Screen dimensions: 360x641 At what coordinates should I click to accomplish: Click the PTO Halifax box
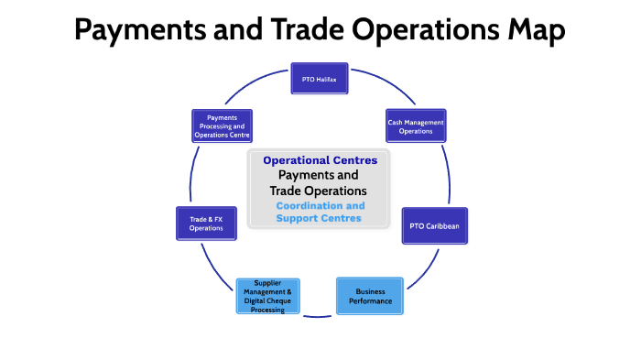tap(320, 80)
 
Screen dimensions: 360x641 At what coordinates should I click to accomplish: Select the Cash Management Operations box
tap(415, 126)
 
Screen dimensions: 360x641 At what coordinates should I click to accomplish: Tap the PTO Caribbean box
tap(434, 225)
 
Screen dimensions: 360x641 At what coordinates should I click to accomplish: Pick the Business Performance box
tap(370, 295)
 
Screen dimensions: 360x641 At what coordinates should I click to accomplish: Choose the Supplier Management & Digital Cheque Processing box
tap(266, 296)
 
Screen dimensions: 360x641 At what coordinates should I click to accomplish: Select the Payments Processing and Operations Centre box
tap(222, 126)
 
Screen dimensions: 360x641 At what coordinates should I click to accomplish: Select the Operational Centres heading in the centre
tap(319, 160)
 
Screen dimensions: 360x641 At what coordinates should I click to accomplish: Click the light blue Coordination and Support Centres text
tap(319, 213)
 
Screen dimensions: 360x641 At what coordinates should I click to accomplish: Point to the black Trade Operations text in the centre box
tap(319, 190)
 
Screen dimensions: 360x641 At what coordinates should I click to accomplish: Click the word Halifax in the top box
tap(327, 80)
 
